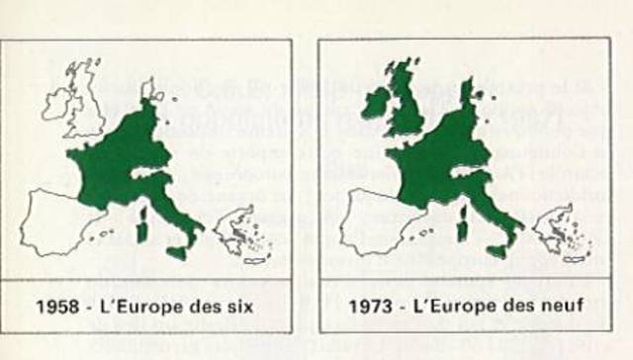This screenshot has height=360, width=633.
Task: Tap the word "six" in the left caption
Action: [238, 308]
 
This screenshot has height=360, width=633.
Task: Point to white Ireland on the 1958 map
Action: [54, 102]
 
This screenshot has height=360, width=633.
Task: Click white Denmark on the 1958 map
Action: [147, 91]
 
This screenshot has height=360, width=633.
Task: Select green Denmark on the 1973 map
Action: [466, 91]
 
